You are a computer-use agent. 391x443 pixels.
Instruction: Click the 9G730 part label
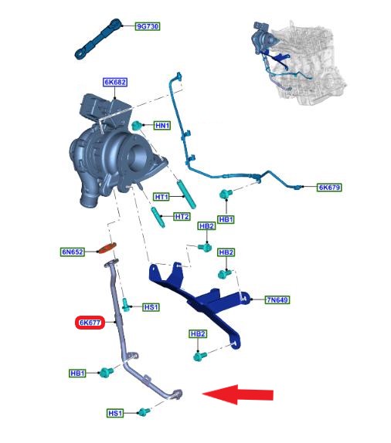[147, 26]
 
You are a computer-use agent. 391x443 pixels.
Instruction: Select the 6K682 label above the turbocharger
[115, 83]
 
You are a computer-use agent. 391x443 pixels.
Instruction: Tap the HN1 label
[162, 126]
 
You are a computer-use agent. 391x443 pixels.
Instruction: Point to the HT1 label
[161, 197]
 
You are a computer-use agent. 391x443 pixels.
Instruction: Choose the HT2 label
[182, 217]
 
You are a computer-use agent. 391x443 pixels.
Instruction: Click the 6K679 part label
[329, 188]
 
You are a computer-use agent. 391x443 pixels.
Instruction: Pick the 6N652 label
[73, 252]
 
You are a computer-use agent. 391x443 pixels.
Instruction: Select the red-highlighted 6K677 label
[90, 323]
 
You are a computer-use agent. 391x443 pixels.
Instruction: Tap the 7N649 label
[277, 299]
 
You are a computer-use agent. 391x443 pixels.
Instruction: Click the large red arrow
[238, 394]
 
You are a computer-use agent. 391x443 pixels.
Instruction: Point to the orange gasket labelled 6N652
[107, 248]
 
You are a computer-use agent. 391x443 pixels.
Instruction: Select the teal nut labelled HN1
[137, 125]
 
